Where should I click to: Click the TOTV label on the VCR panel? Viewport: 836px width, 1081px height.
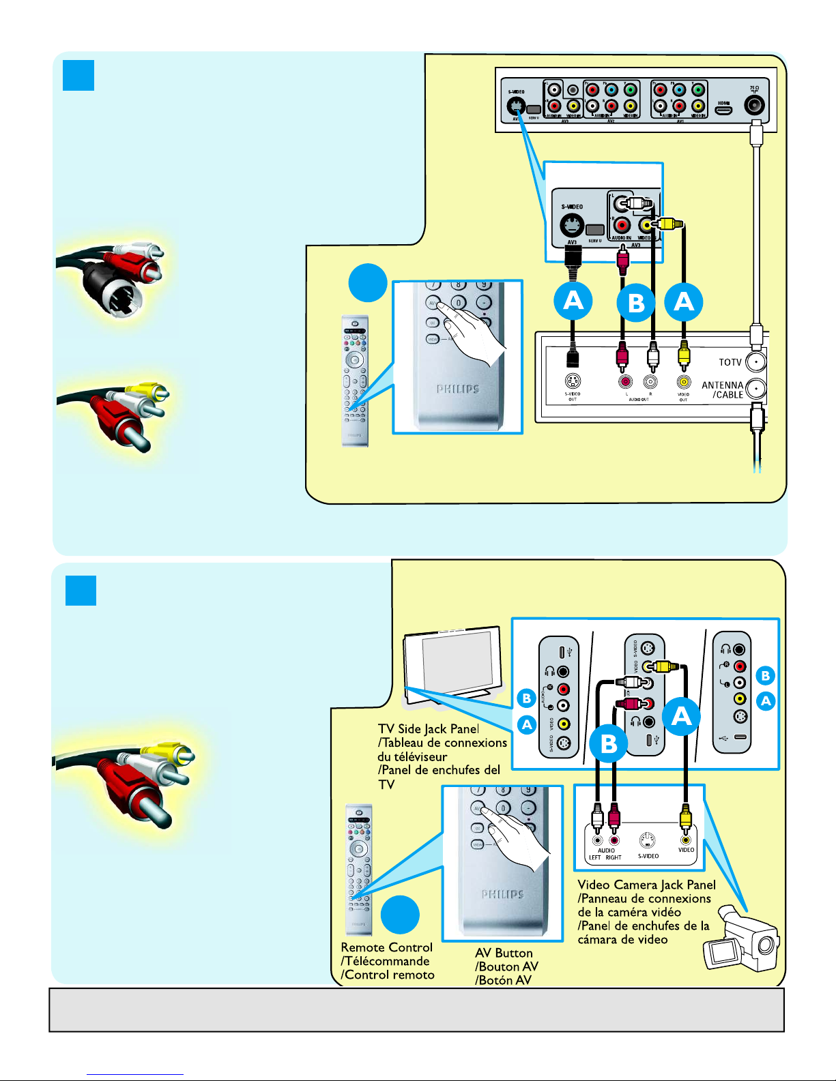(730, 362)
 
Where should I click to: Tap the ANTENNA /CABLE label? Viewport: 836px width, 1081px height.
(722, 389)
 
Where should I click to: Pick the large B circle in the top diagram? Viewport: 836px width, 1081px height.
(636, 302)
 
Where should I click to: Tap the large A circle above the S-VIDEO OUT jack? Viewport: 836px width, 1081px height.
(573, 301)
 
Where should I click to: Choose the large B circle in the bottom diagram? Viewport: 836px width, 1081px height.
(609, 743)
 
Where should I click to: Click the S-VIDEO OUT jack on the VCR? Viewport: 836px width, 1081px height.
(573, 382)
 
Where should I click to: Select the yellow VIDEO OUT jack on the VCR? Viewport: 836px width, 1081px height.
(683, 383)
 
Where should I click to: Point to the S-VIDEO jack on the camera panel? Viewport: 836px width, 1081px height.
(648, 840)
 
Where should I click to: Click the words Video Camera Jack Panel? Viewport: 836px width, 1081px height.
(646, 885)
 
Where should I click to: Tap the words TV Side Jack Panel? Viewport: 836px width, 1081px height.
(429, 729)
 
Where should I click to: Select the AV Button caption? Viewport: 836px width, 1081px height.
(504, 953)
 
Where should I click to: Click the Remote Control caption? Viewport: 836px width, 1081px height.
(386, 947)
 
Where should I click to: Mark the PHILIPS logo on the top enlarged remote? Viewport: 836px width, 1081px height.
(458, 389)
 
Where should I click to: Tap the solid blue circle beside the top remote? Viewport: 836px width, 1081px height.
(368, 282)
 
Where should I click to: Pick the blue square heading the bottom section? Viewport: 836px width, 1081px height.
(81, 591)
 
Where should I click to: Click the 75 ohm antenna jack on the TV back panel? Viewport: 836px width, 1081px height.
(755, 106)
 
